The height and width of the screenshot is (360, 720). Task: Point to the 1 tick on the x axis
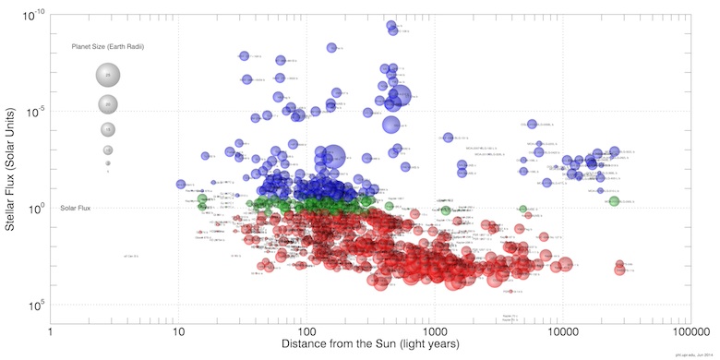[x=50, y=330]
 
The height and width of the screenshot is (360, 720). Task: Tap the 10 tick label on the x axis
[x=178, y=330]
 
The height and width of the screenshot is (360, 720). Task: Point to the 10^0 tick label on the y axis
[x=37, y=209]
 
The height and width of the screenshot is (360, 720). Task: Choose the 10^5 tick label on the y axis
[x=37, y=305]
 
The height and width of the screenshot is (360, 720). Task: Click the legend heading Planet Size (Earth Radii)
[x=109, y=46]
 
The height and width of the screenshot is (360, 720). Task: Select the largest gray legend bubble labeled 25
[x=108, y=75]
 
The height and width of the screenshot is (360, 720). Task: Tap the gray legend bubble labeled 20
[x=108, y=104]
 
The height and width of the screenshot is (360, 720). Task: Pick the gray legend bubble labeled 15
[x=108, y=129]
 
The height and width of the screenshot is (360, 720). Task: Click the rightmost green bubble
[x=614, y=201]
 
